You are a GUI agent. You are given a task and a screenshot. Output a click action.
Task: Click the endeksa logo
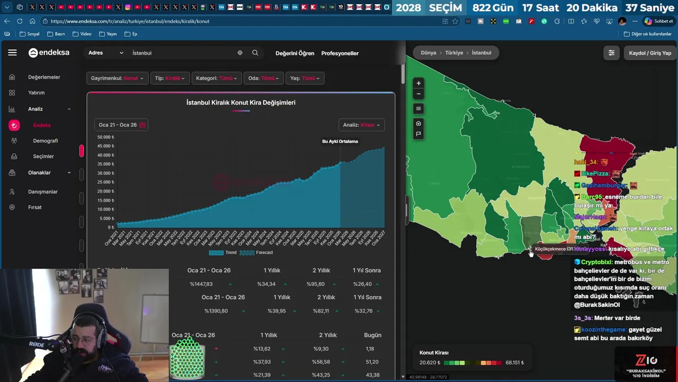(49, 53)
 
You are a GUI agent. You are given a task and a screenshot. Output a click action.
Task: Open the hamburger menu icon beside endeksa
(12, 53)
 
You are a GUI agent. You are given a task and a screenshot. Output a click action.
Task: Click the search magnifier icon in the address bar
(255, 53)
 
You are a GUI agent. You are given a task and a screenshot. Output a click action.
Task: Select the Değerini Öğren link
(295, 53)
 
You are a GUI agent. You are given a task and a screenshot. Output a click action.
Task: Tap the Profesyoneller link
(340, 53)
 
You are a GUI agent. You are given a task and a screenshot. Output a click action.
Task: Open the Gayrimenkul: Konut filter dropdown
(117, 78)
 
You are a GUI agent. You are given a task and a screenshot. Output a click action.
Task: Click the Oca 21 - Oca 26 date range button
(121, 125)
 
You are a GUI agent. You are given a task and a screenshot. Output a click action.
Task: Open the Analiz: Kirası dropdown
(361, 125)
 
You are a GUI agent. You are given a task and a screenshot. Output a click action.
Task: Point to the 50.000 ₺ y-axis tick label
(105, 137)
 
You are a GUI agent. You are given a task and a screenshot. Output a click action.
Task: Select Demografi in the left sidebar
(46, 141)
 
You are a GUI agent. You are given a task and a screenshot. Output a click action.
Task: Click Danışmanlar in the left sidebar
(43, 192)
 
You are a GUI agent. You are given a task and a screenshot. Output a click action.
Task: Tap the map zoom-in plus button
(418, 83)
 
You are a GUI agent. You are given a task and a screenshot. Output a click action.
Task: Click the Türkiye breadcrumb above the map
(454, 53)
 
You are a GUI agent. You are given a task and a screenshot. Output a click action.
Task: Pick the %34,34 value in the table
(266, 284)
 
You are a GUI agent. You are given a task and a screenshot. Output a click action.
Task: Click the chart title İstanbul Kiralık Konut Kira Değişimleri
(241, 102)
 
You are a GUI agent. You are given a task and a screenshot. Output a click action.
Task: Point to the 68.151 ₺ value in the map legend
(514, 363)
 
